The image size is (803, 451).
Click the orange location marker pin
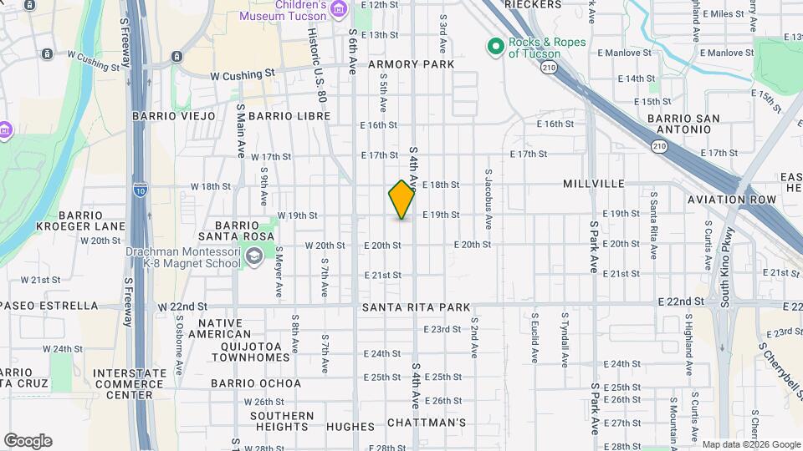(402, 200)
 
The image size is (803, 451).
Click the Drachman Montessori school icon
(253, 259)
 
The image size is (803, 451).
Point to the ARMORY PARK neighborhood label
(411, 64)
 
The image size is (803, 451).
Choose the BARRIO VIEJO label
(173, 116)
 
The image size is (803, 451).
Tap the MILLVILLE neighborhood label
(594, 184)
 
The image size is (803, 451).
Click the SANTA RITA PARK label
(417, 308)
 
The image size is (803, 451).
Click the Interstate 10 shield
(139, 190)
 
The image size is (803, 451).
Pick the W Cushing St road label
(243, 74)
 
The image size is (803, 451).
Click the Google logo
(28, 441)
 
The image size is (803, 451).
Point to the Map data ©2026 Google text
(750, 444)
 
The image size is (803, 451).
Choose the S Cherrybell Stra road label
(774, 359)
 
